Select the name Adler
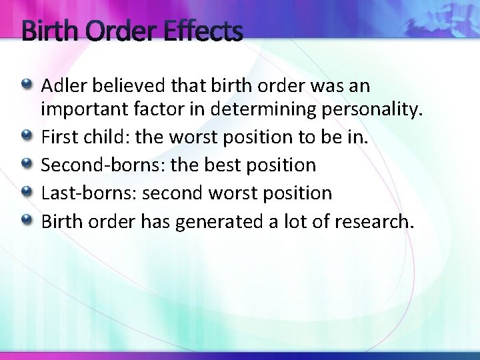63,86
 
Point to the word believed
123,86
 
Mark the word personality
376,110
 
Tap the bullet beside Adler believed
26,85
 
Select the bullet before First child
26,136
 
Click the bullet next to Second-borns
26,164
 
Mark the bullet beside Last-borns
26,192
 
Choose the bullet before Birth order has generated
26,219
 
